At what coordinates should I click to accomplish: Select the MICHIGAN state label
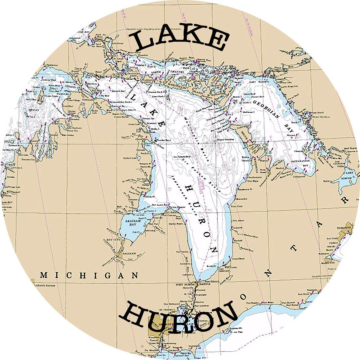pyautogui.click(x=89, y=275)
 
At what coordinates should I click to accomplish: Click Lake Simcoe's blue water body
pyautogui.click(x=347, y=180)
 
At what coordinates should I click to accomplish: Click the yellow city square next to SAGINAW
pyautogui.click(x=120, y=255)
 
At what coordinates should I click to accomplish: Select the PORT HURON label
pyautogui.click(x=184, y=284)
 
